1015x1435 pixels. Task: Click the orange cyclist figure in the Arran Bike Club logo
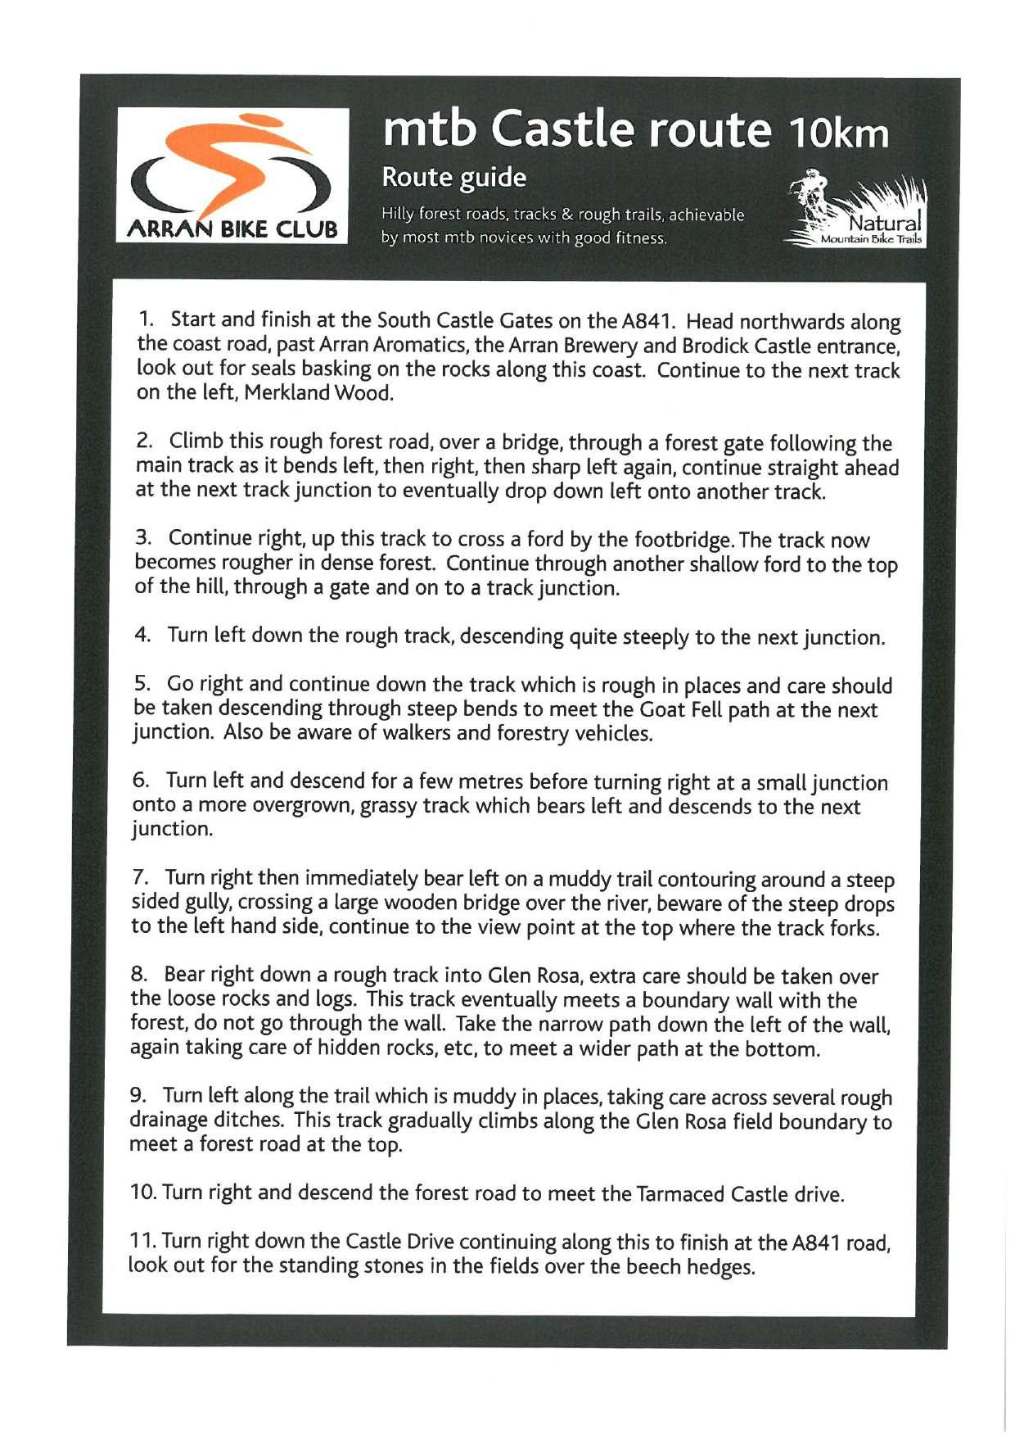pyautogui.click(x=246, y=164)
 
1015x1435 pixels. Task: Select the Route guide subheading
pyautogui.click(x=454, y=178)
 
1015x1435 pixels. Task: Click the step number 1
pyautogui.click(x=147, y=319)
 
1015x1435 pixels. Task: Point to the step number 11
pyautogui.click(x=142, y=1242)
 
